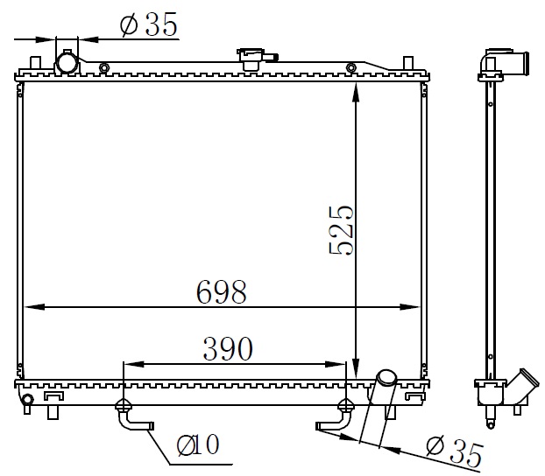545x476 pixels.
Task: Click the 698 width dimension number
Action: pyautogui.click(x=222, y=291)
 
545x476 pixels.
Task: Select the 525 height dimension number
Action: pyautogui.click(x=341, y=230)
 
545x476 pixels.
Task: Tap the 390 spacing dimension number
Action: pyautogui.click(x=228, y=348)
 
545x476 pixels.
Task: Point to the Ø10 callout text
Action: pyautogui.click(x=198, y=444)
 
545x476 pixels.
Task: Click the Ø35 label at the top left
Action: pyautogui.click(x=149, y=24)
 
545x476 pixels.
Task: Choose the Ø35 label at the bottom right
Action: pyautogui.click(x=455, y=451)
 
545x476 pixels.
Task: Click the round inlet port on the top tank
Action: pyautogui.click(x=67, y=63)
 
